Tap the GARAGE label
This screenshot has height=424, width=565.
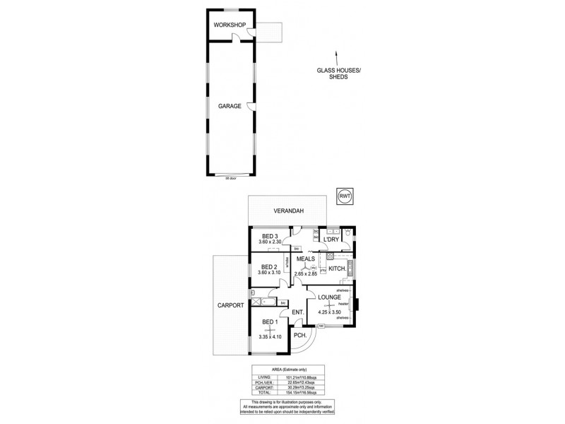point(230,107)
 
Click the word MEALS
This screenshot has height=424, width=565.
point(306,259)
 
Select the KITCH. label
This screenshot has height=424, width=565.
point(337,269)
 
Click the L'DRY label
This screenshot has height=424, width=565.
point(332,240)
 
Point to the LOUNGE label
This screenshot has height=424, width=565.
point(329,298)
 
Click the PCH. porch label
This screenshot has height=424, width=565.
point(299,336)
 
